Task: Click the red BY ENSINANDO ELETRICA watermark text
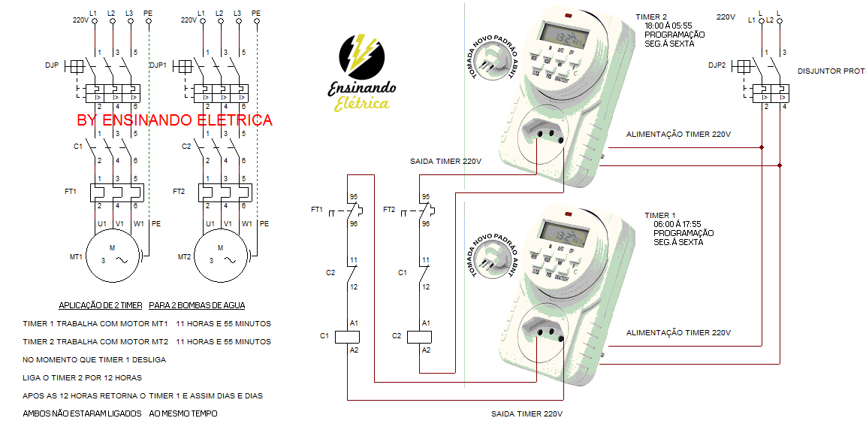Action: click(174, 120)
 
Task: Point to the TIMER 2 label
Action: click(650, 17)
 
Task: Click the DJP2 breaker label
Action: click(717, 65)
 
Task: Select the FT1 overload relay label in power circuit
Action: click(71, 192)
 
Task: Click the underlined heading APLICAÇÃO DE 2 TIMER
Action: click(101, 305)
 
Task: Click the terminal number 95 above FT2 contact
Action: click(425, 197)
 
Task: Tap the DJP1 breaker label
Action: click(158, 65)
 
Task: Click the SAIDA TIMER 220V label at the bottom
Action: click(527, 413)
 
